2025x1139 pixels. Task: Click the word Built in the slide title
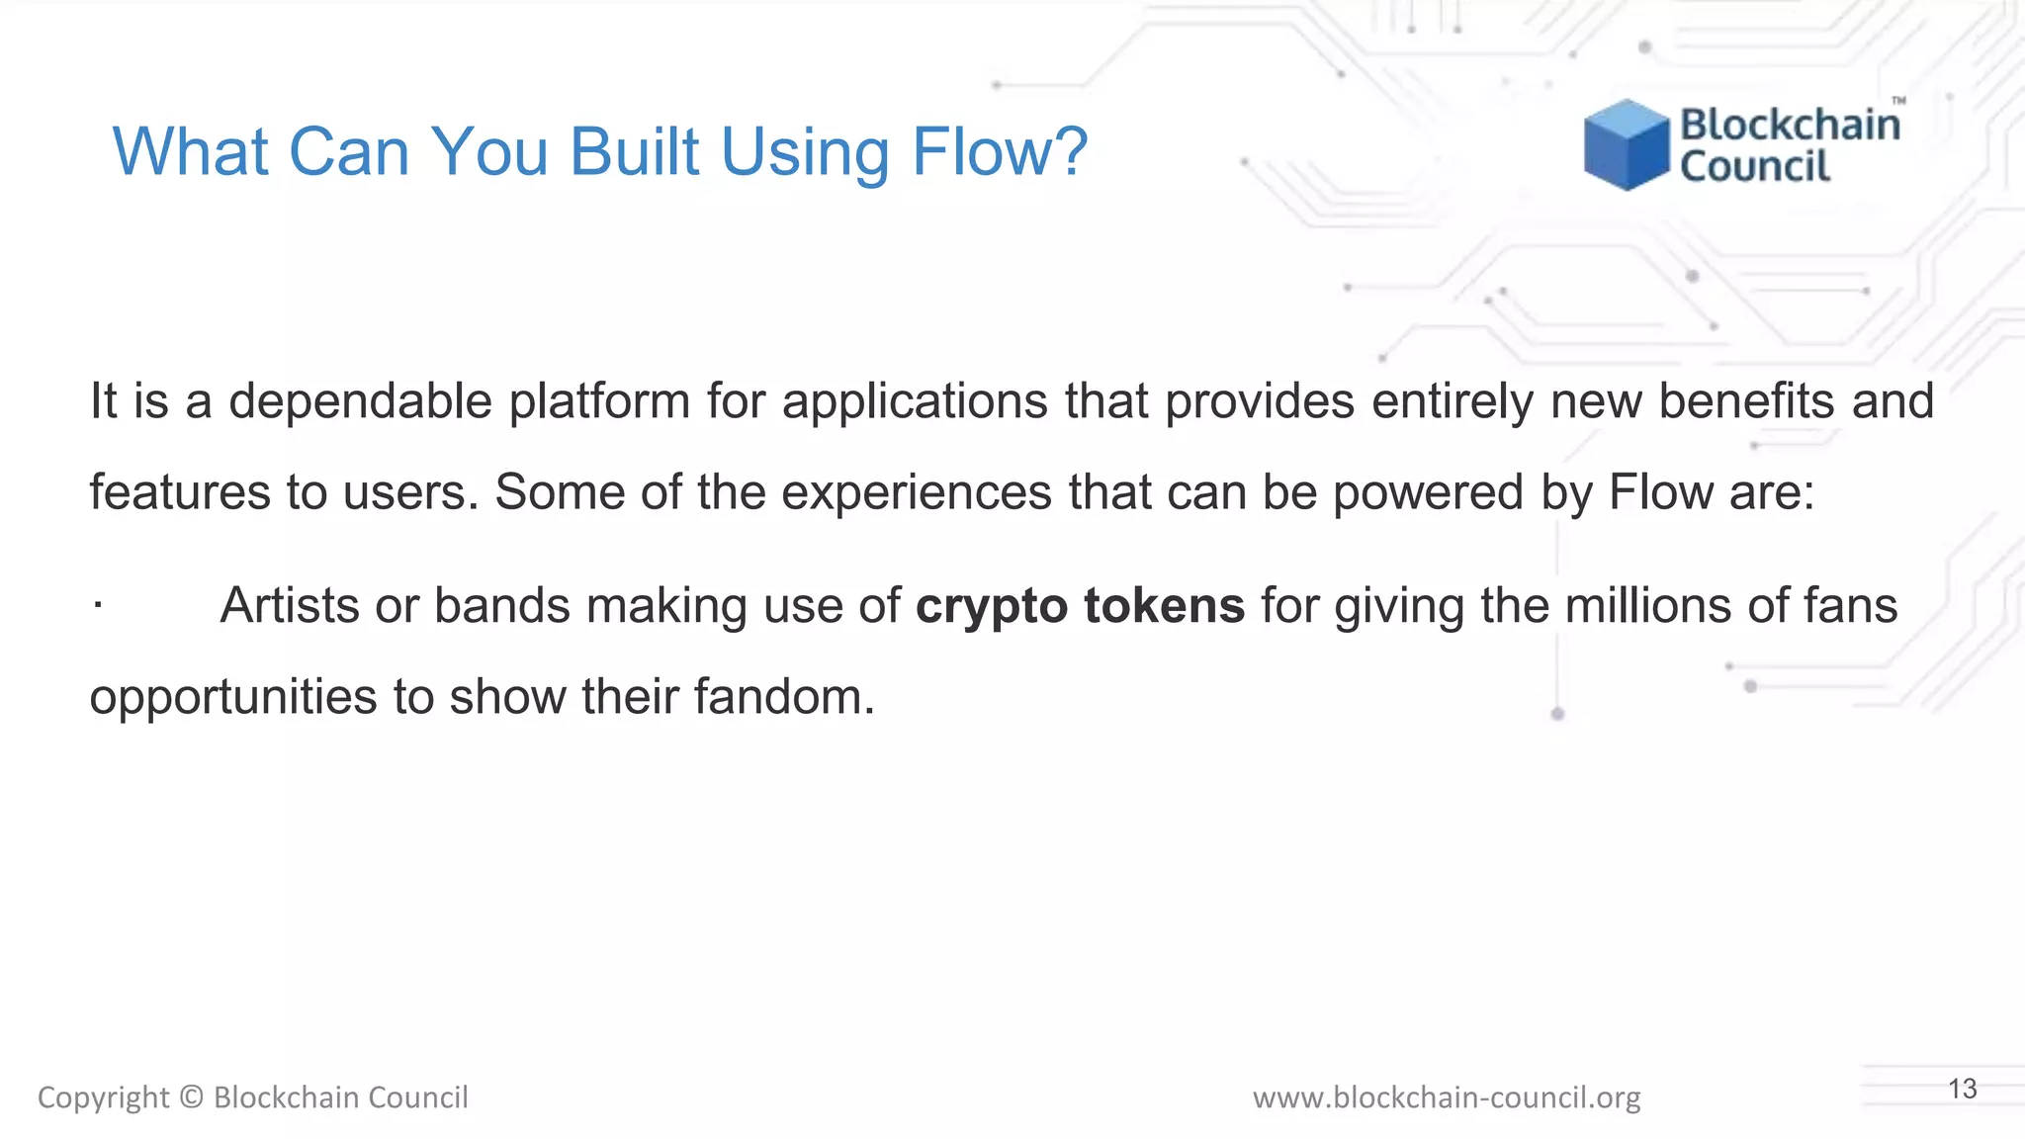[x=634, y=152]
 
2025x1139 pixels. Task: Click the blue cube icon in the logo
[x=1626, y=144]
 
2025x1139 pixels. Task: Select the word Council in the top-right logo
[x=1755, y=166]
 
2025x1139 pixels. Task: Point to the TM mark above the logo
[x=1898, y=101]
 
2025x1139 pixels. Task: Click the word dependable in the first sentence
[x=360, y=401]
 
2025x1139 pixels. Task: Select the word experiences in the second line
[x=917, y=493]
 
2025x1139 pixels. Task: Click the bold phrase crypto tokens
[x=1080, y=606]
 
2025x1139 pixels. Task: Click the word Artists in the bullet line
[x=290, y=606]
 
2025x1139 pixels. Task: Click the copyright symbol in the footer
[x=192, y=1097]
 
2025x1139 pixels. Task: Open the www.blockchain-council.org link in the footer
[x=1447, y=1097]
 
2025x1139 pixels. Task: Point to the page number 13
[x=1962, y=1090]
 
